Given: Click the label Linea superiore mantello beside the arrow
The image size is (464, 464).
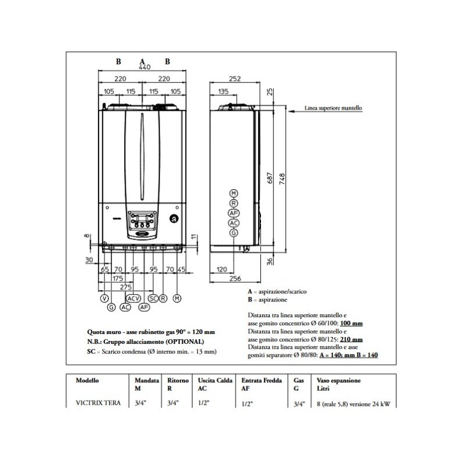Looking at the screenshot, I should [333, 108].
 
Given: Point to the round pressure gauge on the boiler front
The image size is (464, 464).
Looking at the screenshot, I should [173, 219].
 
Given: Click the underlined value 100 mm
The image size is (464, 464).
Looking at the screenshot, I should [351, 323].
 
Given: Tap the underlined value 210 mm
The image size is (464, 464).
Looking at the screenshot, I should [351, 339].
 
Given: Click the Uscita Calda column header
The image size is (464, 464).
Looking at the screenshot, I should [212, 381].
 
